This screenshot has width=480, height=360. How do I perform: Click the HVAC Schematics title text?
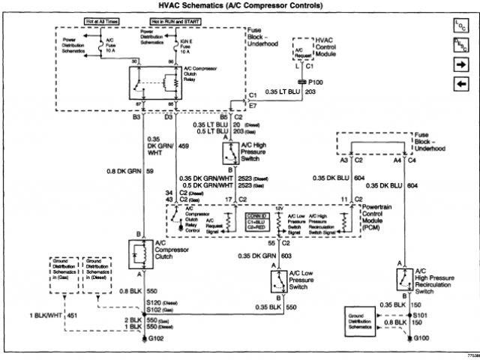(x=239, y=7)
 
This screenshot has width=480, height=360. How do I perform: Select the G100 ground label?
(x=422, y=340)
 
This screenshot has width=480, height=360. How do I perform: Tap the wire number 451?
(x=73, y=316)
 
